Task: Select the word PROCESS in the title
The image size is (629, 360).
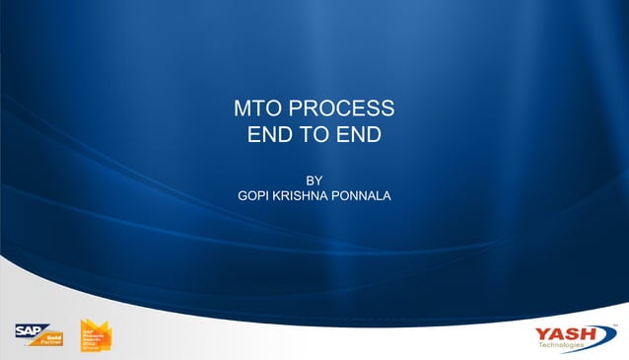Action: click(x=341, y=108)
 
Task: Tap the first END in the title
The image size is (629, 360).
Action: click(x=269, y=134)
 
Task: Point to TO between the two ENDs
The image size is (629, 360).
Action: click(x=314, y=134)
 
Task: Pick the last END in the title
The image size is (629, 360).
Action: click(x=359, y=134)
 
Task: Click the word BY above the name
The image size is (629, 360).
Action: click(x=314, y=180)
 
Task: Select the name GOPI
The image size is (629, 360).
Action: click(x=254, y=195)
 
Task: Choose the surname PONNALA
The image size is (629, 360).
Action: click(x=363, y=195)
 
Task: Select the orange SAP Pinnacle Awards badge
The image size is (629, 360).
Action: click(x=93, y=336)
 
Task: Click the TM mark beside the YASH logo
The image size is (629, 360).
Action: click(x=614, y=324)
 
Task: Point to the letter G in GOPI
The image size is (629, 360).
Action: click(x=244, y=195)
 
